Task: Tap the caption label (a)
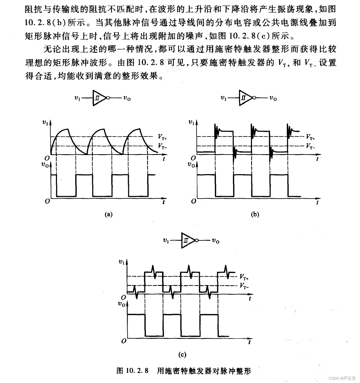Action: tap(109, 214)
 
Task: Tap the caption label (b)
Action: tap(255, 214)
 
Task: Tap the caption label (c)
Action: tap(182, 355)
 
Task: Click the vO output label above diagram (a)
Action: tap(127, 98)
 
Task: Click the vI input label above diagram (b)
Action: tap(224, 98)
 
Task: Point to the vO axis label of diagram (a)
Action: tap(45, 164)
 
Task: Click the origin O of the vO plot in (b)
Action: tap(194, 201)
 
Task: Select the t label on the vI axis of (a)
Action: tap(164, 159)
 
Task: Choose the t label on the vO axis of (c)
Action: tap(250, 342)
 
